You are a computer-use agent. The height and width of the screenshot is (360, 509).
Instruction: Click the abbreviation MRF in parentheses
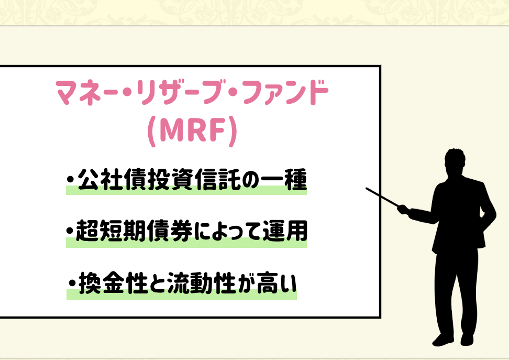[x=193, y=130]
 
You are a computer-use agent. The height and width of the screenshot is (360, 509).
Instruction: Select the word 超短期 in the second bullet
[x=111, y=231]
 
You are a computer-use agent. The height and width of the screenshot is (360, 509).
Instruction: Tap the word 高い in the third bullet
[x=277, y=283]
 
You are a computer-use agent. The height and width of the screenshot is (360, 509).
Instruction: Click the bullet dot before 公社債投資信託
[x=70, y=179]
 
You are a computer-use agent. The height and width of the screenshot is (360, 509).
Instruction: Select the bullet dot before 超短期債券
[x=70, y=231]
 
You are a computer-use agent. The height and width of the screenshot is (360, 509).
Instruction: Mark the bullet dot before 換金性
[x=72, y=282]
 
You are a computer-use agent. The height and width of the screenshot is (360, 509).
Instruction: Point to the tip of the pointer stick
[x=367, y=189]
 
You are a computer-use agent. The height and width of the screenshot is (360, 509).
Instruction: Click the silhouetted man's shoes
[x=452, y=340]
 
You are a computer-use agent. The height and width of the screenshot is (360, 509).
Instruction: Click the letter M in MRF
[x=172, y=130]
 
